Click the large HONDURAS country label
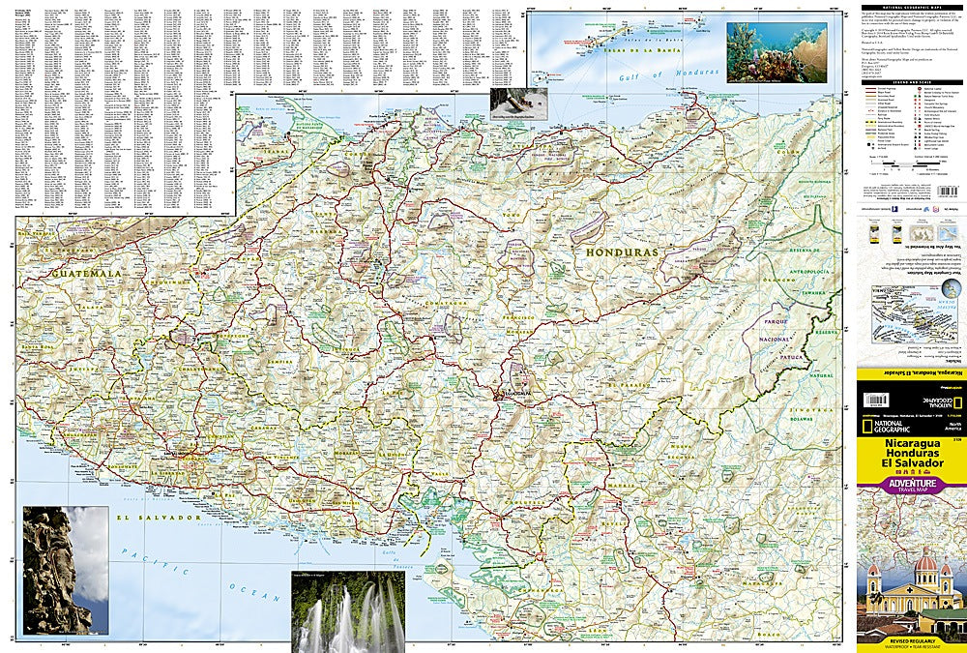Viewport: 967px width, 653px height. (x=622, y=252)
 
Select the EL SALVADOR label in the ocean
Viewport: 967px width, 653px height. (x=156, y=519)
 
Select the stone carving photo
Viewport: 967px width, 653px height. (x=64, y=570)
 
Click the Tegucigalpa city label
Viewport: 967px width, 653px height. (x=513, y=396)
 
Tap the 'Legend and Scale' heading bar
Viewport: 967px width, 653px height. (x=910, y=84)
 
